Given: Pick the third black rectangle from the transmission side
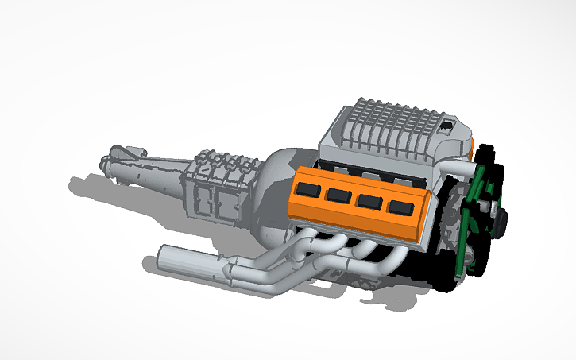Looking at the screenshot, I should click(368, 202).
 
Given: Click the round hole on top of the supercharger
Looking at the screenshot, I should click(450, 125).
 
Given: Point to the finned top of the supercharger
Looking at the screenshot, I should click(389, 123).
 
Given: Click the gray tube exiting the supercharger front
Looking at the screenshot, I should click(459, 167).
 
